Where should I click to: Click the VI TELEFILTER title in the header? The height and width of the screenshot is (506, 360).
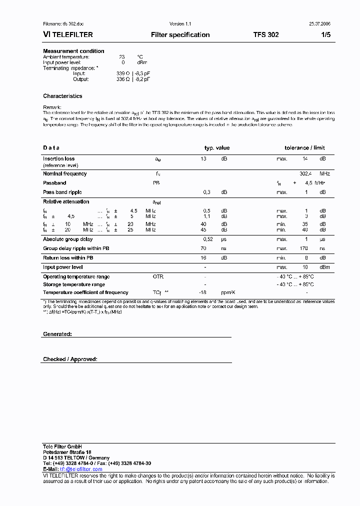tap(68, 35)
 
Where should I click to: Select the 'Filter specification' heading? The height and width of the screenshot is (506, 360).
tap(180, 35)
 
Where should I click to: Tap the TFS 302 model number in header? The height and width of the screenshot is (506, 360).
tap(266, 35)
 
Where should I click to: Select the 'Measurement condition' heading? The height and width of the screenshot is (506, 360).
tap(73, 51)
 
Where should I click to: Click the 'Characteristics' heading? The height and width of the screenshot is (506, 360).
tap(62, 96)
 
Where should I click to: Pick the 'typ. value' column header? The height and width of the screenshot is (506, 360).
tap(217, 148)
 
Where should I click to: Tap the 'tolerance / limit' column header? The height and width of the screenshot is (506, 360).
tap(304, 148)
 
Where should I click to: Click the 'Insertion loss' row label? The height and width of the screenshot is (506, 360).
tap(58, 158)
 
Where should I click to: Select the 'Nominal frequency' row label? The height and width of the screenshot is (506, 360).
tap(64, 173)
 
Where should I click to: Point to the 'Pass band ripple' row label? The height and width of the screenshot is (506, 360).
tap(62, 192)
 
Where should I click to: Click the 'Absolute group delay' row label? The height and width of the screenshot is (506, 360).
tap(67, 239)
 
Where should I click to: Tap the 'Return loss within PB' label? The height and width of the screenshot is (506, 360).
tap(68, 258)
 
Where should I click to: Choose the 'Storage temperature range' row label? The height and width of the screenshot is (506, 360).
tap(73, 284)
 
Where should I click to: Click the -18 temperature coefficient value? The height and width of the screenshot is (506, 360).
tap(203, 292)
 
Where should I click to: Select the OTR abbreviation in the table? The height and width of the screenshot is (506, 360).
tap(158, 276)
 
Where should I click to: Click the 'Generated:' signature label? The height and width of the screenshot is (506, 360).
tap(57, 333)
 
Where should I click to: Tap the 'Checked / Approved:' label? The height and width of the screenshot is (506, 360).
tap(70, 359)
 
